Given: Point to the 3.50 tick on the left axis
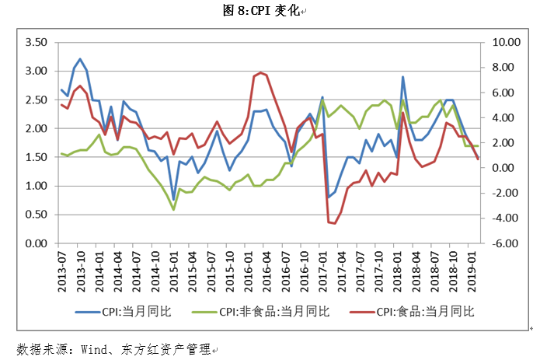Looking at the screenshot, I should coord(37,42).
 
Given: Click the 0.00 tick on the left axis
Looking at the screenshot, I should coord(37,243).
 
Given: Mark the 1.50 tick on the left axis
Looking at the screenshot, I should coord(37,157).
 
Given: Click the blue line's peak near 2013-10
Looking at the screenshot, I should coord(80,59).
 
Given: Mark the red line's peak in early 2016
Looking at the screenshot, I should coord(260,72).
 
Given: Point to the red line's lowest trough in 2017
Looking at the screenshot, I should coord(334,223).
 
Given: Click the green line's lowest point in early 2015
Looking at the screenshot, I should coord(173,209).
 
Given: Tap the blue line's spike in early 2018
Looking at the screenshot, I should coord(402,77).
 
